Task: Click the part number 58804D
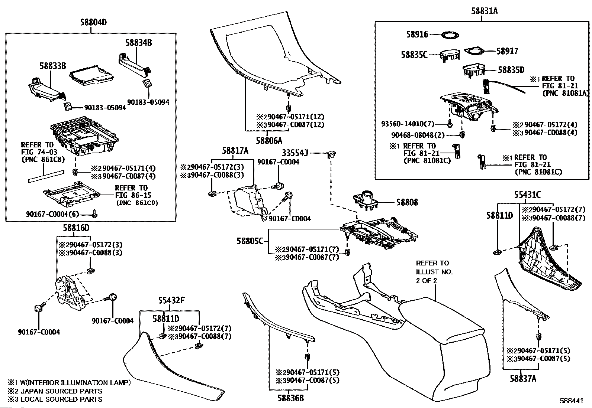click(93, 22)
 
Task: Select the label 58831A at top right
click(484, 11)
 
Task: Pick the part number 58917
click(507, 51)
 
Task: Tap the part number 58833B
click(53, 66)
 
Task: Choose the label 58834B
click(138, 43)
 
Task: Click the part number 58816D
click(77, 228)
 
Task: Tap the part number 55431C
click(527, 195)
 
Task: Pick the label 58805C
click(250, 241)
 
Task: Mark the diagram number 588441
click(572, 401)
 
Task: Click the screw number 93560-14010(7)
click(408, 123)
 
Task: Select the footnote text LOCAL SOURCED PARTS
click(61, 399)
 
